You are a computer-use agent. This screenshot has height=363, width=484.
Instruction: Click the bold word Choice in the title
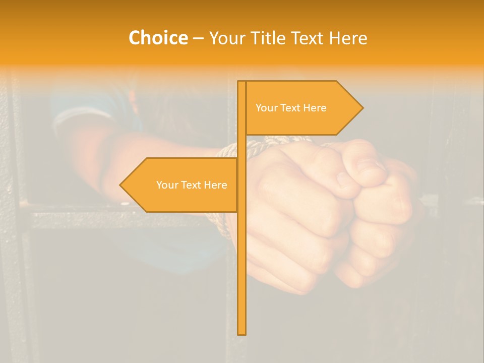(158, 38)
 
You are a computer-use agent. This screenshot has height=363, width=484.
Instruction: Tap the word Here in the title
(348, 38)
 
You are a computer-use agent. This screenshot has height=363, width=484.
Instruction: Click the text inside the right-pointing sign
(291, 108)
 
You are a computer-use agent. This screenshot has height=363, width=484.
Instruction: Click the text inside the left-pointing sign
(192, 185)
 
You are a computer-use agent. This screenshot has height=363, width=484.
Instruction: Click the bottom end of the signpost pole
(242, 332)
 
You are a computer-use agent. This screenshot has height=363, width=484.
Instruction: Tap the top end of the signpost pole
(242, 83)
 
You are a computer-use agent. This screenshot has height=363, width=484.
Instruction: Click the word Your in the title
(226, 38)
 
